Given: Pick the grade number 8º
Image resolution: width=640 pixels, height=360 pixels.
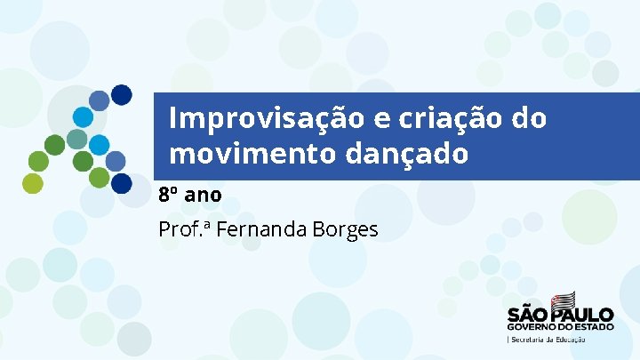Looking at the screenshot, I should [168, 193].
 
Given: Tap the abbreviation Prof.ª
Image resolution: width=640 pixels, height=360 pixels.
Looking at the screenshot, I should [183, 229].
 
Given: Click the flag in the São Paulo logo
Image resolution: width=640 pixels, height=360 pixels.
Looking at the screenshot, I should [562, 300].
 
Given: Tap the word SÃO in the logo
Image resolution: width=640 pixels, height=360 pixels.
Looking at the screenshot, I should [528, 315].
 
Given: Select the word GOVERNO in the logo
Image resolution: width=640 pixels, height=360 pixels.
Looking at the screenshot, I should [532, 326].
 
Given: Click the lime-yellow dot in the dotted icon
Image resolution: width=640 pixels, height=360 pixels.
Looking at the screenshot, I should [32, 183].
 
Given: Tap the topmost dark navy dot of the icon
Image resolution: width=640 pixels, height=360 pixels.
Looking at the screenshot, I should [122, 94].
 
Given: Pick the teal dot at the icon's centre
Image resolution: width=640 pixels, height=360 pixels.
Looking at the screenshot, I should [78, 140].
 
